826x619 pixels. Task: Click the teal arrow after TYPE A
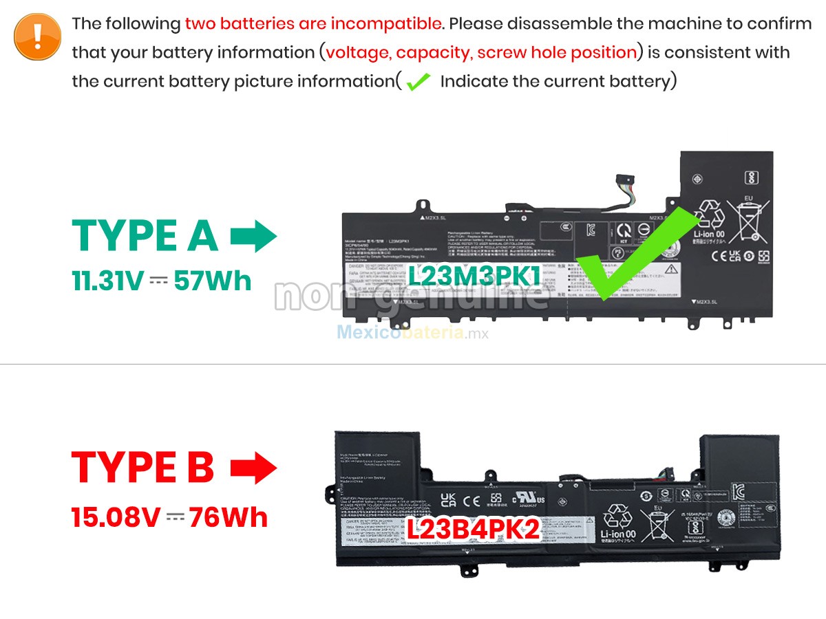point(253,237)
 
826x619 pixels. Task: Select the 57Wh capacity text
point(213,281)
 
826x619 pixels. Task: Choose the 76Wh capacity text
point(229,517)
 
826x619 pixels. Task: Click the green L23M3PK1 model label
point(475,275)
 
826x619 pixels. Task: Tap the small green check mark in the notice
point(418,82)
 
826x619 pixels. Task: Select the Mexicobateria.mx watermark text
point(412,333)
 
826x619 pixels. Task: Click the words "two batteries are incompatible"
point(313,23)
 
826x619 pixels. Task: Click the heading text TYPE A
point(145,235)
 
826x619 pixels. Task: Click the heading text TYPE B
point(143,468)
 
